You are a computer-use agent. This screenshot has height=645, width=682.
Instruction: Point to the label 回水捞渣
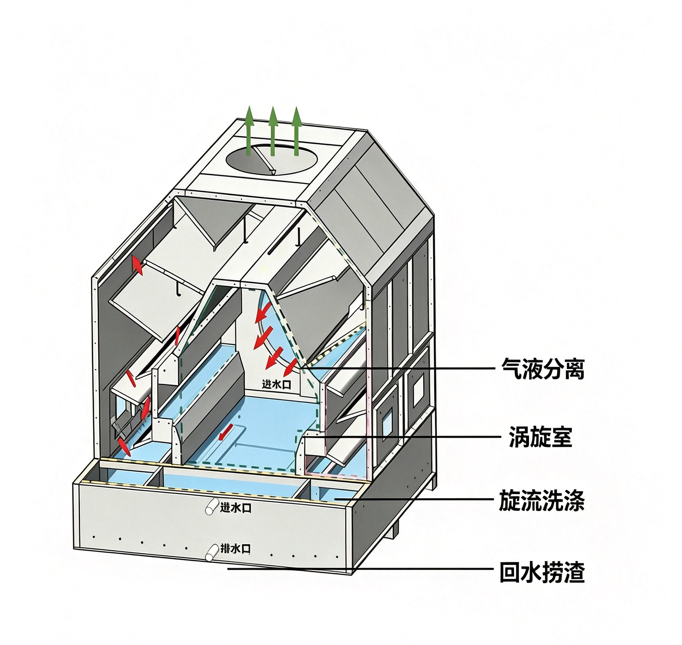tap(542, 573)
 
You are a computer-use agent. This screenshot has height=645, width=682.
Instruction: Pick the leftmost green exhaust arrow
tap(249, 131)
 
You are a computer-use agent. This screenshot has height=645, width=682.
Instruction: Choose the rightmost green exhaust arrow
tap(296, 131)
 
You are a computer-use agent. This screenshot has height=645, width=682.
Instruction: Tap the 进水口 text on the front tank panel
tap(236, 508)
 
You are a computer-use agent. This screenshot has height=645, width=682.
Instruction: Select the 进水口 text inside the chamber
tap(277, 384)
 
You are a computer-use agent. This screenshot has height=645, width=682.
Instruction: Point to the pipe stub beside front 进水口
tap(211, 507)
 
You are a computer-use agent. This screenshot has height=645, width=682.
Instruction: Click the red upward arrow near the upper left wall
tap(137, 265)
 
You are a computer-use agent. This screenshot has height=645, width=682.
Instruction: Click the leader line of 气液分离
tap(399, 368)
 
